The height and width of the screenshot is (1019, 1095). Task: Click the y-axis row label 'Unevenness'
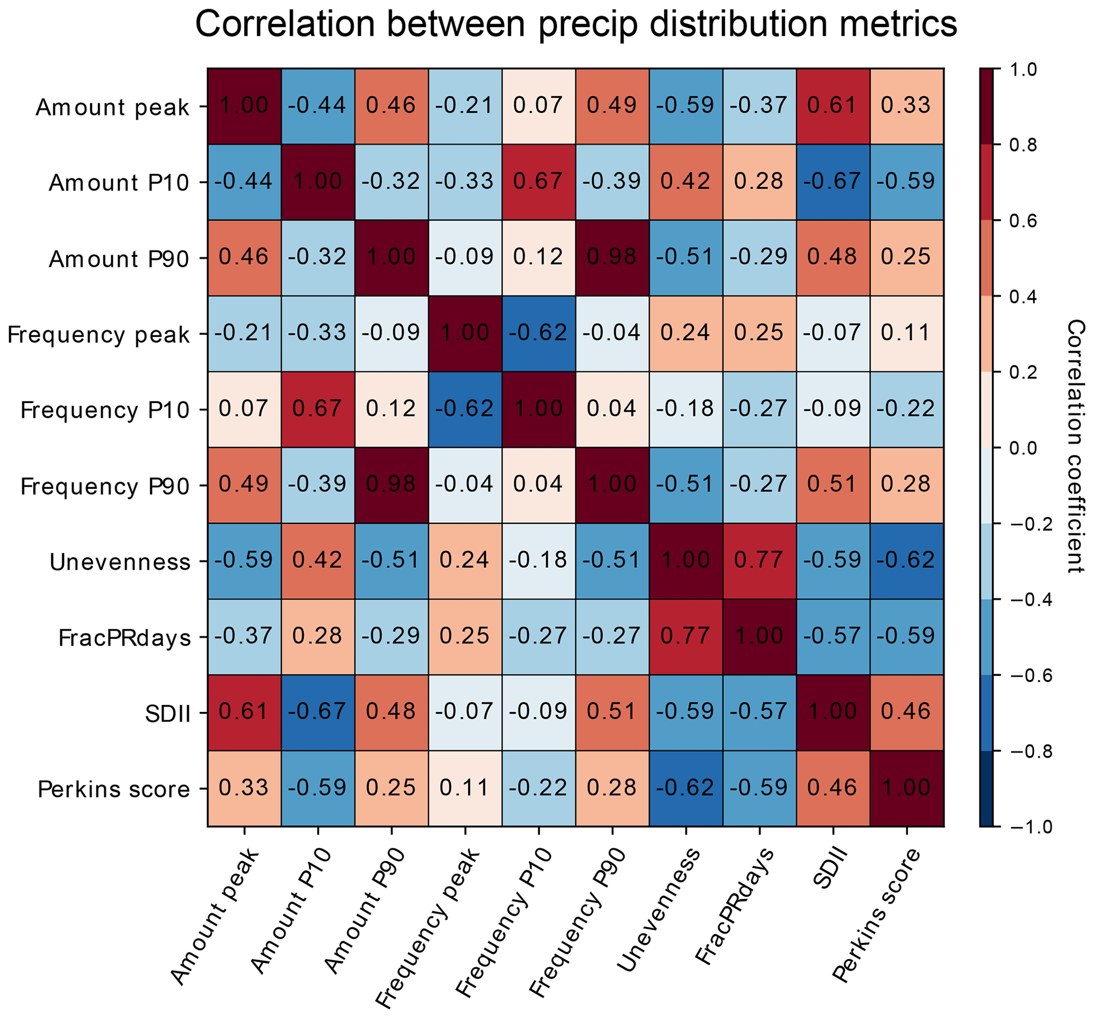coord(120,562)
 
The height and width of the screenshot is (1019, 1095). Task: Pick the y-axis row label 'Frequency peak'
coord(98,335)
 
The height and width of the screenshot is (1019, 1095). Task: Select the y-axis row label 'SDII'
coord(167,714)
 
